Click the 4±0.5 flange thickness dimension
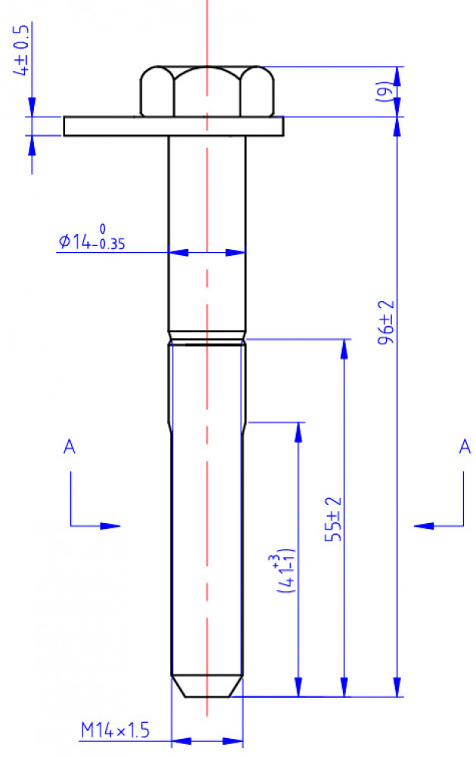[x=23, y=50]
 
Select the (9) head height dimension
[x=384, y=91]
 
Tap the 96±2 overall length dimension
[x=386, y=322]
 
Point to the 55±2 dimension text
[x=334, y=519]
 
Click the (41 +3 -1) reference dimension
[x=284, y=570]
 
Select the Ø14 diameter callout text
[x=92, y=238]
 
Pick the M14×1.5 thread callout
[x=115, y=730]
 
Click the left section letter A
[x=70, y=447]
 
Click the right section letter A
[x=465, y=447]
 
